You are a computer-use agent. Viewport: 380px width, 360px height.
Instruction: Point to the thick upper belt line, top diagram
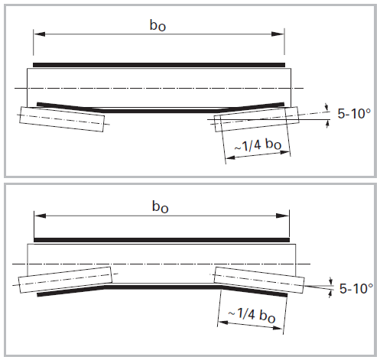click(x=159, y=64)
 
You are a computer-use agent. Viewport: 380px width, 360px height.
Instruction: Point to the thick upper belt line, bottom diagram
click(x=161, y=240)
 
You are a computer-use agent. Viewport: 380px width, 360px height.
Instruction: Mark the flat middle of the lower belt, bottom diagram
click(x=161, y=287)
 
